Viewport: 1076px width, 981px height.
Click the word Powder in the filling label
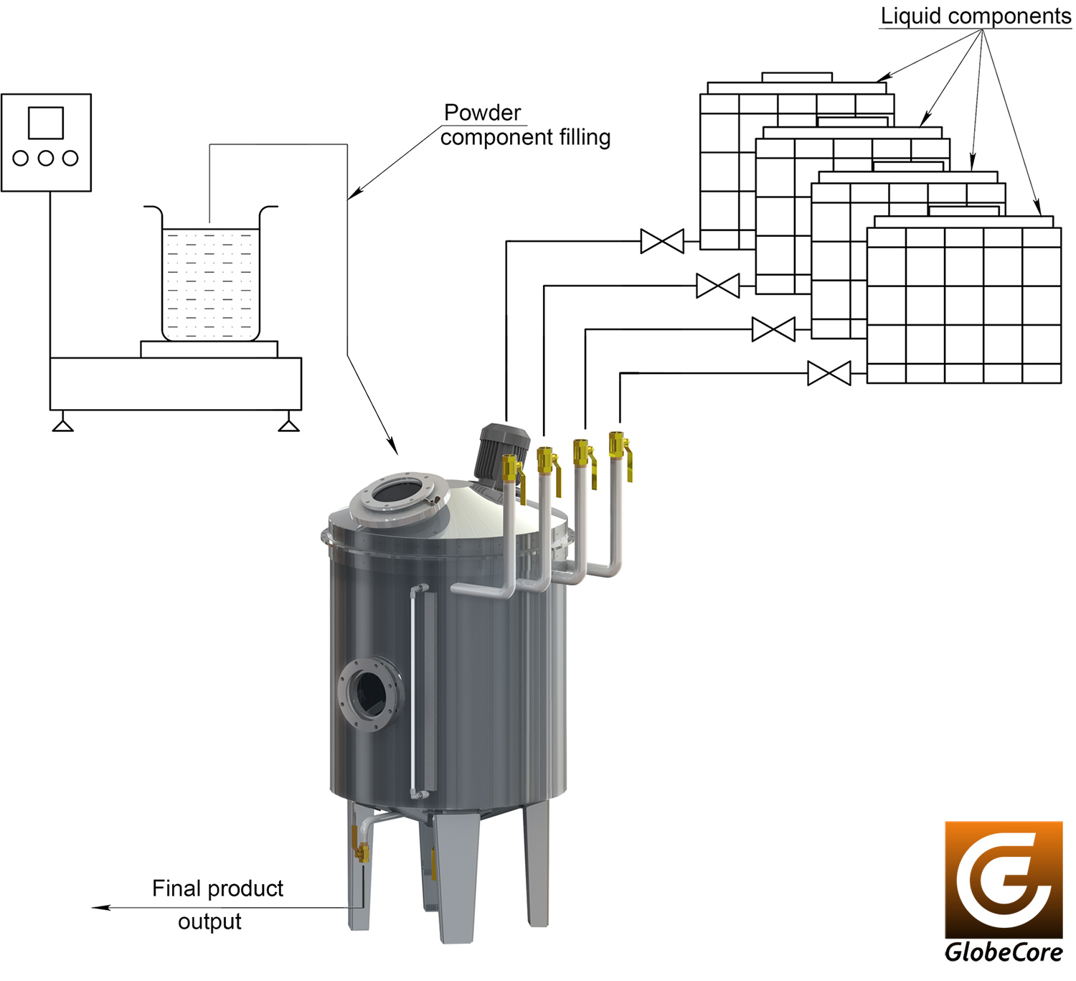[x=482, y=113]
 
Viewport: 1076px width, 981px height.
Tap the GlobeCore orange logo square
[x=1004, y=880]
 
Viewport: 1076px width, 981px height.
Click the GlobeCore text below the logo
[x=1004, y=952]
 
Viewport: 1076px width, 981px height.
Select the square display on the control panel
[x=46, y=123]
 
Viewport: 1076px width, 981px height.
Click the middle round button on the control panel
[x=46, y=159]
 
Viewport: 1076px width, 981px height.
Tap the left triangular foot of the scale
[x=62, y=426]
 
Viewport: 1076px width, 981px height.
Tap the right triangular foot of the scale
[x=288, y=426]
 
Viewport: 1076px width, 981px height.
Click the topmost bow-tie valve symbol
[x=662, y=241]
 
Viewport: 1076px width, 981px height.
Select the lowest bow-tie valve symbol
[x=829, y=373]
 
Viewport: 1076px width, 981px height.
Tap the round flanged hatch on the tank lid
[x=400, y=497]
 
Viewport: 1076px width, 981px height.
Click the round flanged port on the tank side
[x=370, y=695]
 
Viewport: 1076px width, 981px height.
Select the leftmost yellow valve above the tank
[x=513, y=478]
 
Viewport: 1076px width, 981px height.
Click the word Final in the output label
[x=176, y=888]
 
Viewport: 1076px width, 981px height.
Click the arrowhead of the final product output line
[x=101, y=908]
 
